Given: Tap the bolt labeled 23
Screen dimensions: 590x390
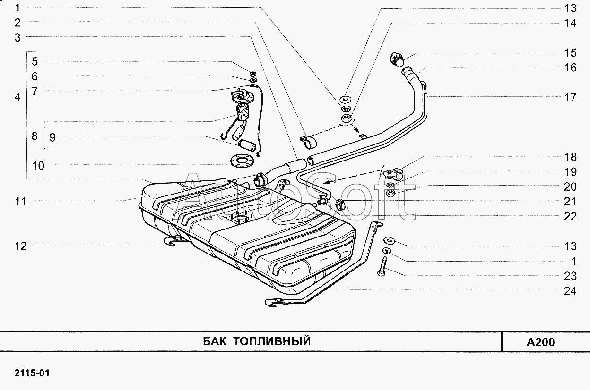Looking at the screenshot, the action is tap(383, 266).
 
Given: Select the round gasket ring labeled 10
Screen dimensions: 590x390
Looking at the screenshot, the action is tap(241, 161).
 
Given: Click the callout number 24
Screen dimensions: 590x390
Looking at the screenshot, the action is tap(570, 291).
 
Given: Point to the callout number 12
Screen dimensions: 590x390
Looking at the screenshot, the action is tap(21, 246).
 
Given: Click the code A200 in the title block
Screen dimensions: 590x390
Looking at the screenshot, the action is tap(541, 342).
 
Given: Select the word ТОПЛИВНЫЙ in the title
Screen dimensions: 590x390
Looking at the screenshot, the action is tap(272, 341).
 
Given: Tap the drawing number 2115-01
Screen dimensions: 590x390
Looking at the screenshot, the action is tap(32, 373).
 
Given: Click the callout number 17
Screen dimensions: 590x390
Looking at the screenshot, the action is tap(571, 97).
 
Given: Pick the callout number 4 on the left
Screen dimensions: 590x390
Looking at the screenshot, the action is tap(17, 97).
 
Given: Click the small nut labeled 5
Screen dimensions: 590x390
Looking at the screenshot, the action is tap(252, 74).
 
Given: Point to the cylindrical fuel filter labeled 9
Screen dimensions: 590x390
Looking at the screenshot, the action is tap(247, 145).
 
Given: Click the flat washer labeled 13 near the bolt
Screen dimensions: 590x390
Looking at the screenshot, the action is tap(389, 240).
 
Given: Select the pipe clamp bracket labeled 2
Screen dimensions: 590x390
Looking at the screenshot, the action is tap(309, 142).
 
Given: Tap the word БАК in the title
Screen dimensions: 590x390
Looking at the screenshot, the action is tap(215, 341).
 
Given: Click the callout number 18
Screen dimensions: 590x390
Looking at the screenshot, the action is tap(571, 157).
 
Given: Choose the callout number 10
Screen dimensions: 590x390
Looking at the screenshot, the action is tap(38, 166).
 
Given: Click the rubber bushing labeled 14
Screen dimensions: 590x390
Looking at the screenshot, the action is tap(347, 119).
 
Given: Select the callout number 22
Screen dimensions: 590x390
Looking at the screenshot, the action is tap(571, 217).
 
